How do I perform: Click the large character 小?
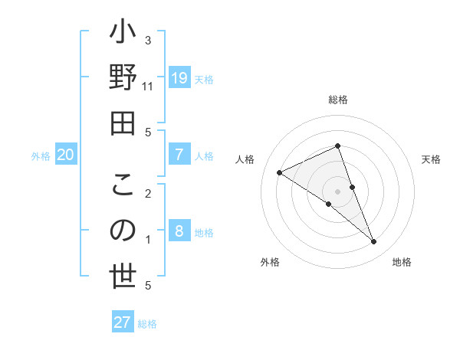123,36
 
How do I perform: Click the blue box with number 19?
179,77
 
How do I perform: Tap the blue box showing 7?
179,155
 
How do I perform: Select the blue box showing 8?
179,231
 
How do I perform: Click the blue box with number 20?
65,155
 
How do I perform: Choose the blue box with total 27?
123,322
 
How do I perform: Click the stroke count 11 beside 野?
148,87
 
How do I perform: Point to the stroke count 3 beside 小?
148,40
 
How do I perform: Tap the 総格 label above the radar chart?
338,100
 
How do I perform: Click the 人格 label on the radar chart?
245,159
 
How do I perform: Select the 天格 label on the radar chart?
431,159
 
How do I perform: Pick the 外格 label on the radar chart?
270,262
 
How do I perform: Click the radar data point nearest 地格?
374,242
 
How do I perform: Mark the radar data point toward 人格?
279,172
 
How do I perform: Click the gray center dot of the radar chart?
338,191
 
